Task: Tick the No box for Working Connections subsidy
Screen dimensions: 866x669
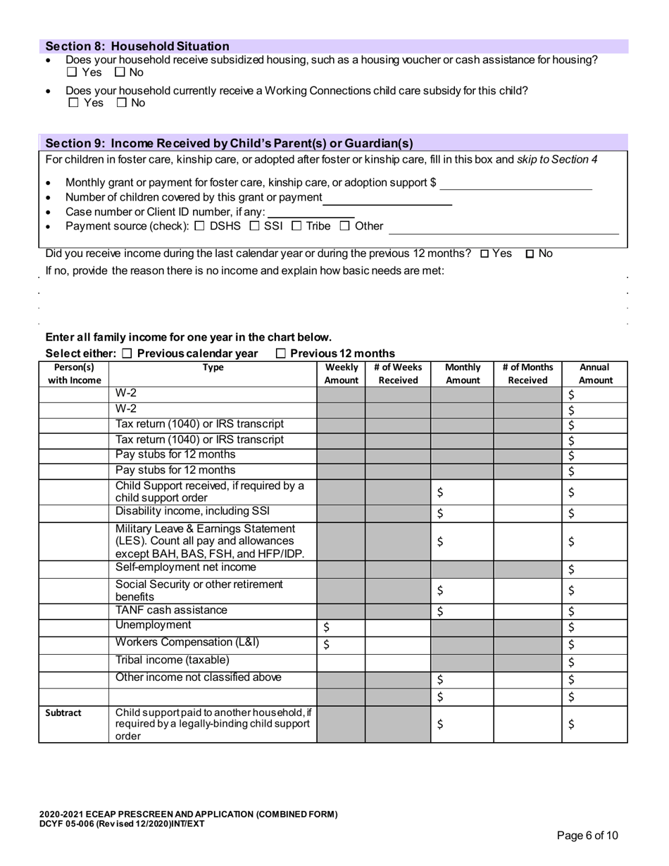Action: point(121,103)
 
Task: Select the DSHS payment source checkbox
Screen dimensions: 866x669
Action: point(199,226)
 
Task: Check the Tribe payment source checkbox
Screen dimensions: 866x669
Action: point(296,226)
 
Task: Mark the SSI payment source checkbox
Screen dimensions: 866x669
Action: point(255,226)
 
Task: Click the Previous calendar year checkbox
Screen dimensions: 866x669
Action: point(127,353)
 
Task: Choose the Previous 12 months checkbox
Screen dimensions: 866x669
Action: point(281,353)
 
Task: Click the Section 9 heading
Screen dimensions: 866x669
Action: point(229,143)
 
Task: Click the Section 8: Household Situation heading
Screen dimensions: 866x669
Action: point(137,46)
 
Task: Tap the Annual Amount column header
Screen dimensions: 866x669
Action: point(595,373)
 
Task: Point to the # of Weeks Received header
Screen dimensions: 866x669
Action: point(398,373)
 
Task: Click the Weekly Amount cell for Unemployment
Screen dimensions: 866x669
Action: point(341,627)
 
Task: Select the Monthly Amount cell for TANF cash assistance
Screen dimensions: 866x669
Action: point(462,611)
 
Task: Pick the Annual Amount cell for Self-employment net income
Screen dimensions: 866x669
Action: point(594,569)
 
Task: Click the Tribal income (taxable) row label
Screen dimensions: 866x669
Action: point(173,660)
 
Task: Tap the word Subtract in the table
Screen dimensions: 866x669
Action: point(63,713)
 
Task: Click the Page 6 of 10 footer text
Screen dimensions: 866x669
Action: point(587,836)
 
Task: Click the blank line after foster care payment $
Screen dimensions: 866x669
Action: point(515,183)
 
